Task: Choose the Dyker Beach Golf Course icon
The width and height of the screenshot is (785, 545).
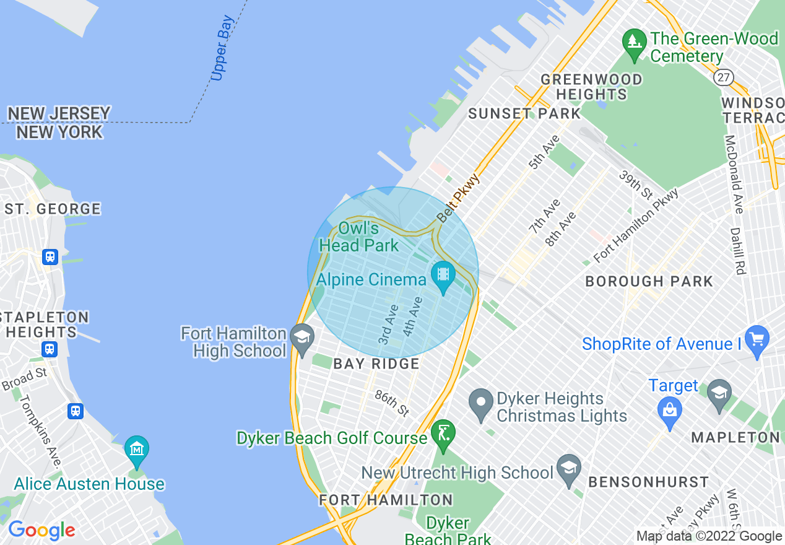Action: (443, 433)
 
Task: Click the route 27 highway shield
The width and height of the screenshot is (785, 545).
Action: (722, 77)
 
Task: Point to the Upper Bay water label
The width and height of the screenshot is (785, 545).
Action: (222, 49)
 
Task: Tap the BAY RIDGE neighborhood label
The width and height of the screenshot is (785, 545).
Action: (376, 364)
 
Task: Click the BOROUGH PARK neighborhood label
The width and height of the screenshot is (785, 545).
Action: (649, 281)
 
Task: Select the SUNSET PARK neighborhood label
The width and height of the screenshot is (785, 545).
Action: (524, 113)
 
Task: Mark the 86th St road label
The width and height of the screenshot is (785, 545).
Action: (392, 403)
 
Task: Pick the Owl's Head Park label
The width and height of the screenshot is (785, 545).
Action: (359, 237)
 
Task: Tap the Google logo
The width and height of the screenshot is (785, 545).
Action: (41, 530)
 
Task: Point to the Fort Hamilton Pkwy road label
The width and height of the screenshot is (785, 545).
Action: (636, 225)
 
